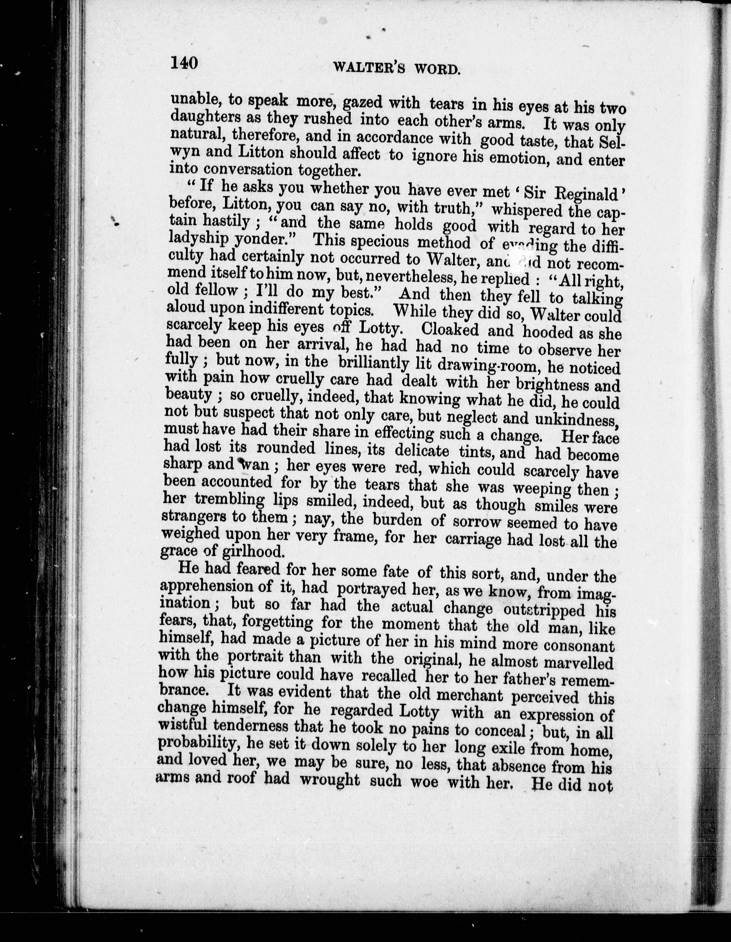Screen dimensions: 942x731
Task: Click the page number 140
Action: point(184,63)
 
